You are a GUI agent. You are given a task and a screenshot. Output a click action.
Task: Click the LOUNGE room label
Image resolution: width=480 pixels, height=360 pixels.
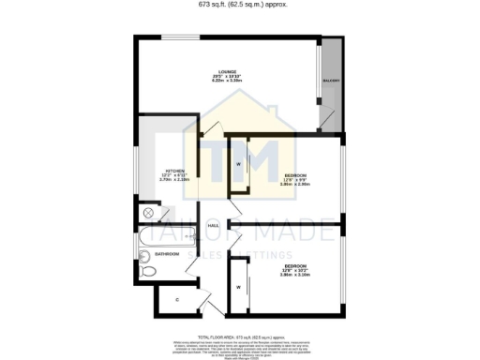227,71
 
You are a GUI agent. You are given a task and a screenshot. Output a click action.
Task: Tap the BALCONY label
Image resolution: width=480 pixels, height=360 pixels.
332,82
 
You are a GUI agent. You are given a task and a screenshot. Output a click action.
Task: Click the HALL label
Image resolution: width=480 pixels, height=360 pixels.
213,226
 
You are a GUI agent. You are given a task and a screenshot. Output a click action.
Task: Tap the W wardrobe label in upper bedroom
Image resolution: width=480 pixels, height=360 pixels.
238,165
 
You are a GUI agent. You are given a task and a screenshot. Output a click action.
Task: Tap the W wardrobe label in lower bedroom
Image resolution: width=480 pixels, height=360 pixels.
238,286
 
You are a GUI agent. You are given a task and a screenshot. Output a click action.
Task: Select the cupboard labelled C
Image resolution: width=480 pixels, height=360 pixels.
177,300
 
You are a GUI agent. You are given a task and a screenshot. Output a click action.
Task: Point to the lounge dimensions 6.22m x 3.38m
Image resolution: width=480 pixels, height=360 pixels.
227,82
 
